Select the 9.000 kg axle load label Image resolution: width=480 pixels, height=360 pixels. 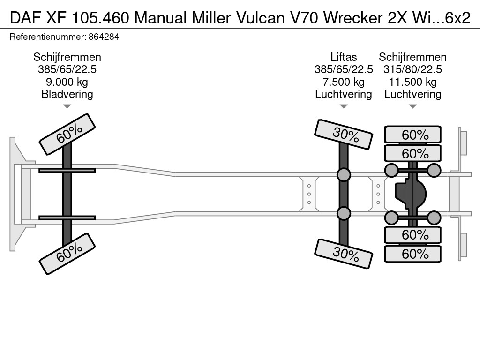67,82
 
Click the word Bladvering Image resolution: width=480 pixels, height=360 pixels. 67,94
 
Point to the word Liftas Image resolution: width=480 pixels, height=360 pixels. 344,57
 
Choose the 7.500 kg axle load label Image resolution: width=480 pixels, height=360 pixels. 344,82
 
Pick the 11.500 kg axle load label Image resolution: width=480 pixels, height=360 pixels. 412,82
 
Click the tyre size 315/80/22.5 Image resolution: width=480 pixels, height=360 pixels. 412,70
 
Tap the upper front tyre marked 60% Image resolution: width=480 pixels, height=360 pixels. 67,134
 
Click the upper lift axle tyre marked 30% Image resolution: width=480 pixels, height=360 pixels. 344,134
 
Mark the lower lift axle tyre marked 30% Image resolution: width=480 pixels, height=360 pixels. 344,254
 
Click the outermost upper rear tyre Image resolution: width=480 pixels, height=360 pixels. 412,135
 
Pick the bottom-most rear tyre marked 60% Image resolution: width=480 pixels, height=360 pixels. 412,254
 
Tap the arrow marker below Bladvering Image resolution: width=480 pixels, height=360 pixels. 67,106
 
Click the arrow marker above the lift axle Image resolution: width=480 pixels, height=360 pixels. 344,106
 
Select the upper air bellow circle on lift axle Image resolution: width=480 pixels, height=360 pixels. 344,175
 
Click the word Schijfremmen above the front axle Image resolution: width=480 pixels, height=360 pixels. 67,57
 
